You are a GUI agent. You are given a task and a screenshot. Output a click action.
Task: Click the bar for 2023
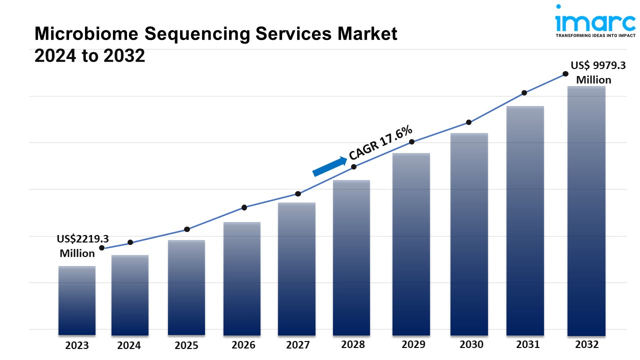pyautogui.click(x=77, y=300)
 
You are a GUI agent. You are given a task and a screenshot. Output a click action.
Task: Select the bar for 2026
pyautogui.click(x=242, y=278)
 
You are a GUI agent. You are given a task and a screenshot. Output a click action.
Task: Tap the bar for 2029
pyautogui.click(x=411, y=244)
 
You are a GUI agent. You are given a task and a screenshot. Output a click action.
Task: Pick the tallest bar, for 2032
pyautogui.click(x=586, y=210)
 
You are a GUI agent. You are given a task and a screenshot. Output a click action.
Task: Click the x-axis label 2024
pyautogui.click(x=129, y=345)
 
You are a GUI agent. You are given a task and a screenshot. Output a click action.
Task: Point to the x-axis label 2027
pyautogui.click(x=298, y=345)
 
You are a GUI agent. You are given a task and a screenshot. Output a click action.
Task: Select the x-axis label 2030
pyautogui.click(x=471, y=344)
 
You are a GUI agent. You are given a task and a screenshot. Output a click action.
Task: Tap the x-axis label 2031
pyautogui.click(x=527, y=344)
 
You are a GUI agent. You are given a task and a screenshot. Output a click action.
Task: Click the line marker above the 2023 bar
pyautogui.click(x=102, y=248)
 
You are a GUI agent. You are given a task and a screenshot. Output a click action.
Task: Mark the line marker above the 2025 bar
pyautogui.click(x=187, y=229)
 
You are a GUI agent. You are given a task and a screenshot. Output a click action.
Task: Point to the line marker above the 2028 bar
pyautogui.click(x=353, y=166)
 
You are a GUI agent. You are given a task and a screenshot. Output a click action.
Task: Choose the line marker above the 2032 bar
pyautogui.click(x=565, y=73)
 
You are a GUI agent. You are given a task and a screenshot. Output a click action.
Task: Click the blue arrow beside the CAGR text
pyautogui.click(x=329, y=166)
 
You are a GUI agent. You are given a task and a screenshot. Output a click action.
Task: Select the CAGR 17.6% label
pyautogui.click(x=381, y=142)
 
